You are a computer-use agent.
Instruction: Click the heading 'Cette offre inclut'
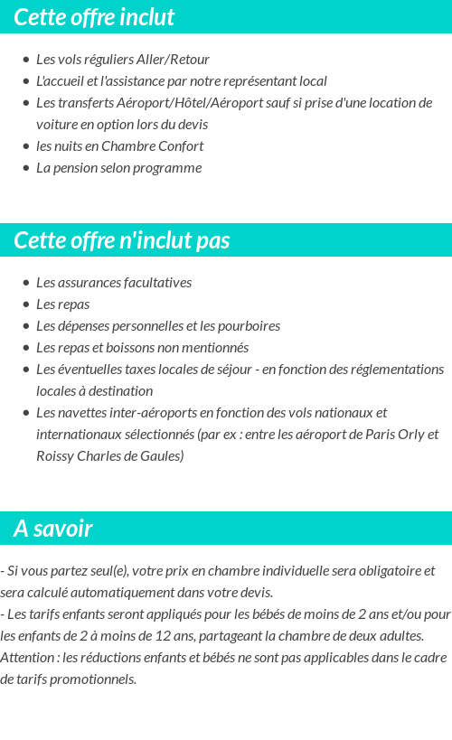94,17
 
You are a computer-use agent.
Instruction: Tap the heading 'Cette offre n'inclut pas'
122,240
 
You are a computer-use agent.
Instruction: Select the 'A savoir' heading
53,529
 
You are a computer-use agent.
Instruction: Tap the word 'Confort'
178,146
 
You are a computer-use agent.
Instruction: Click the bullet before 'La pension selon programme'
26,168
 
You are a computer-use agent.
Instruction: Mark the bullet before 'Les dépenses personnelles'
26,326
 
